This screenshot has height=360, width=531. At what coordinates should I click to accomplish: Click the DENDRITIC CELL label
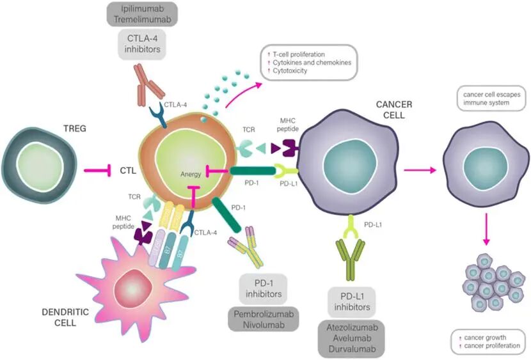click(54, 317)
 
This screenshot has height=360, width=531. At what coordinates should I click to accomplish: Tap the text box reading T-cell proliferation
click(307, 62)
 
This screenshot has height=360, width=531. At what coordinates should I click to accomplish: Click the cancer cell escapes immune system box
click(486, 98)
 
